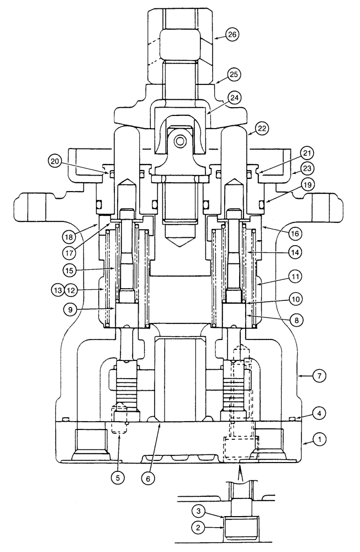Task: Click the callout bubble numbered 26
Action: (232, 35)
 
